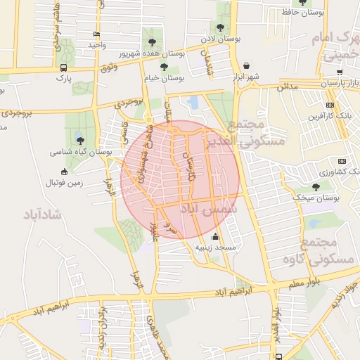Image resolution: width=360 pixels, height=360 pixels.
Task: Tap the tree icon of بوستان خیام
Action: pos(164,67)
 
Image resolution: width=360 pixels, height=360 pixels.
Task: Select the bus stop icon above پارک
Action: pos(64,68)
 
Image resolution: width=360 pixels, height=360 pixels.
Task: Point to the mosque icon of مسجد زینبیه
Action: pos(215,237)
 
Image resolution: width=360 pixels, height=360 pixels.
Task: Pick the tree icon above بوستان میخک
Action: pos(316,187)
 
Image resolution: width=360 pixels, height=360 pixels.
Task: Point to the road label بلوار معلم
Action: pos(304,283)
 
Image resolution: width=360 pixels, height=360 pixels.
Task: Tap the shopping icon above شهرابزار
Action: pos(247,66)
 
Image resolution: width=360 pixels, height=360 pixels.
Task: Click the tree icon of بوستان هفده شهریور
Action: pos(152,42)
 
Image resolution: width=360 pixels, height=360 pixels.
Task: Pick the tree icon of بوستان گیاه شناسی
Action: pos(79,141)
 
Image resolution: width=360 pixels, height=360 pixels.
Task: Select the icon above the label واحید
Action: pos(96,34)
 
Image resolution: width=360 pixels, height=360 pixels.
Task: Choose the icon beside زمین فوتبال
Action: pos(65,172)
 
